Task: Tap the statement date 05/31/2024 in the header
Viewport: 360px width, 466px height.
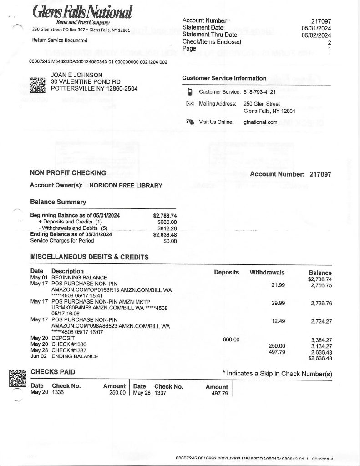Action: pos(318,28)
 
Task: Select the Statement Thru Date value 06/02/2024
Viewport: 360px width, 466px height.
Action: pos(318,35)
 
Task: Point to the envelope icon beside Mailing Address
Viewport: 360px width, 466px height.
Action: pos(190,104)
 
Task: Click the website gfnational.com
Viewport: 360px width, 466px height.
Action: pos(260,122)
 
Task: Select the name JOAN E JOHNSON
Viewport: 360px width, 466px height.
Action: pos(76,75)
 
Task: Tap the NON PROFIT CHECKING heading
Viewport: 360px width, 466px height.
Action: pos(68,173)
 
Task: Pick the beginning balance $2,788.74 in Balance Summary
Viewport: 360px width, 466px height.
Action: pos(165,216)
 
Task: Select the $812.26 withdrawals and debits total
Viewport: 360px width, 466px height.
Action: pos(167,228)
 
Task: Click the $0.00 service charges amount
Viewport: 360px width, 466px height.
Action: pos(170,241)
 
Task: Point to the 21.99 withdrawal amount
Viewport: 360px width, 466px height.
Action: pos(278,285)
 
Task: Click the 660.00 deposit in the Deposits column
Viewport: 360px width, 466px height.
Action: pos(231,339)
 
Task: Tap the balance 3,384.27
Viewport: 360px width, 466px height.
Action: pos(321,339)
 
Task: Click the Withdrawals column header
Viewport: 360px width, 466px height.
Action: pos(267,273)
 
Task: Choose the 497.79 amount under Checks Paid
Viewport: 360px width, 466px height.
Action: pos(217,393)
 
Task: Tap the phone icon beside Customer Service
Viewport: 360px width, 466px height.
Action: pos(190,92)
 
